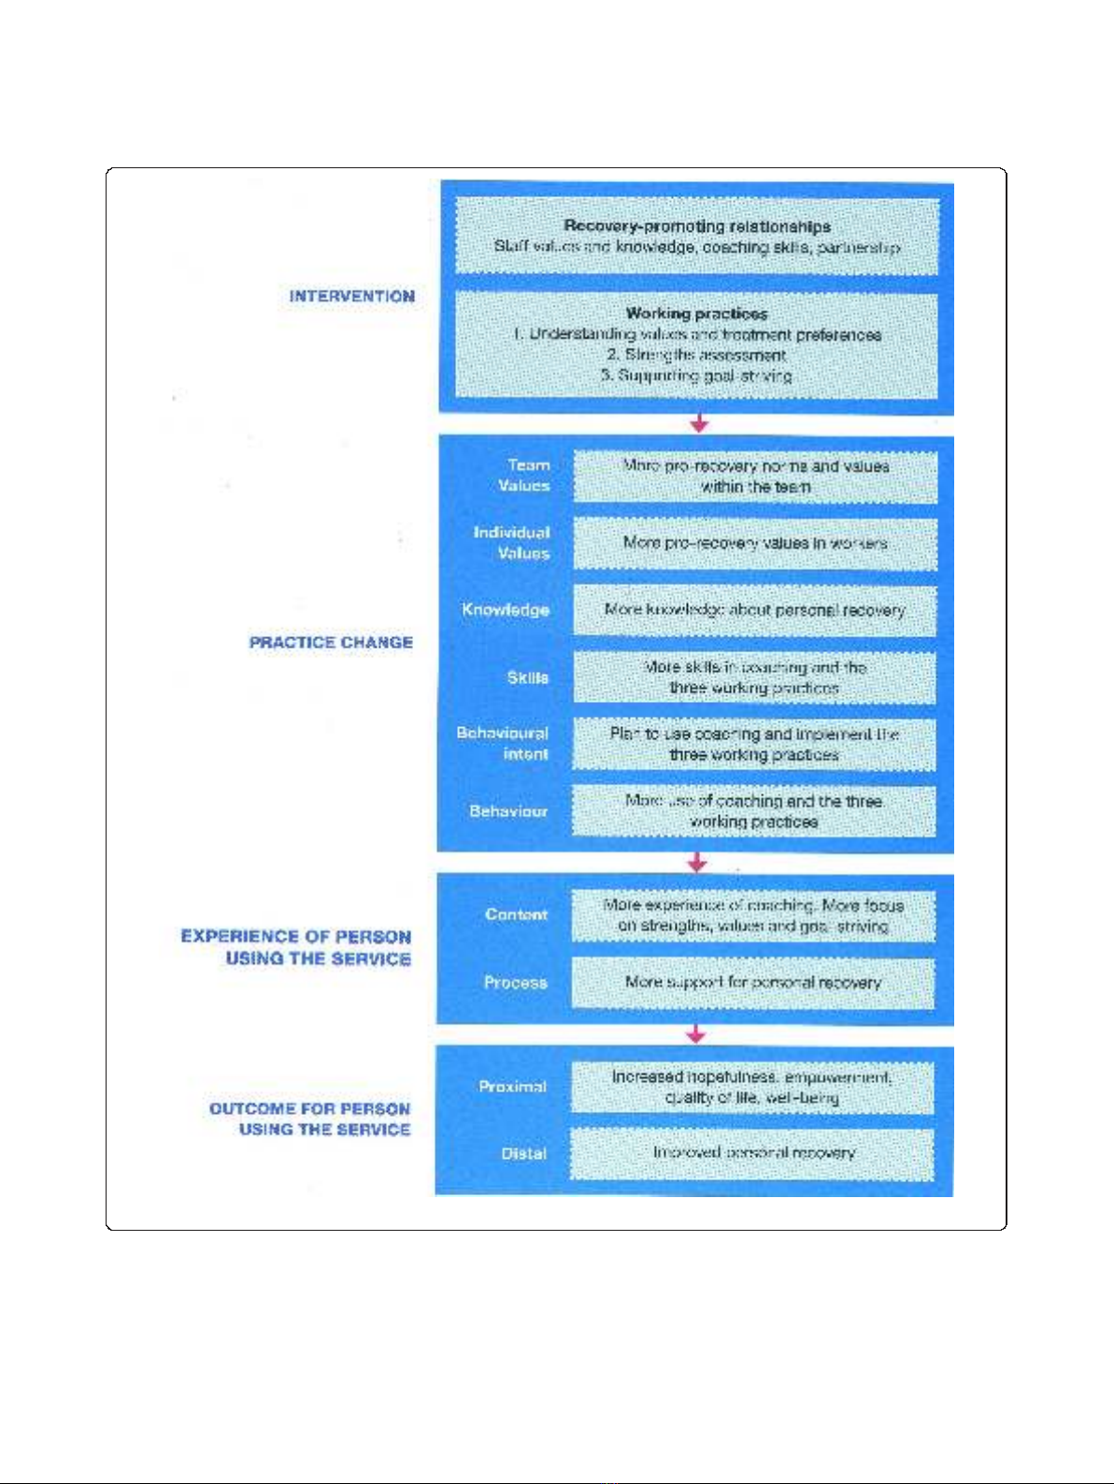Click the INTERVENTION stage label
pos(351,296)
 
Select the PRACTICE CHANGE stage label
pos(331,642)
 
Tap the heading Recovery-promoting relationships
pos(697,226)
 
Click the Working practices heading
pos(697,313)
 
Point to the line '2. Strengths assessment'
pos(697,355)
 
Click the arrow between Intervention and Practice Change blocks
pos(698,423)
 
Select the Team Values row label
pos(524,475)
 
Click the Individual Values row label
pos(512,542)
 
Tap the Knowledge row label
pos(506,609)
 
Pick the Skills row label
pos(528,677)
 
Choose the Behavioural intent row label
pos(503,743)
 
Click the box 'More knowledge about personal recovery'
pos(754,610)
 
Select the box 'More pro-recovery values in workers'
pos(754,543)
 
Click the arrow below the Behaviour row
pos(696,862)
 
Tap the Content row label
pos(516,914)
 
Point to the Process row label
pos(516,982)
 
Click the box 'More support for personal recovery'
pos(752,982)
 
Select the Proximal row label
pos(512,1086)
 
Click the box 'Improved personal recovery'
pos(752,1153)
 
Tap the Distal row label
pos(523,1153)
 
